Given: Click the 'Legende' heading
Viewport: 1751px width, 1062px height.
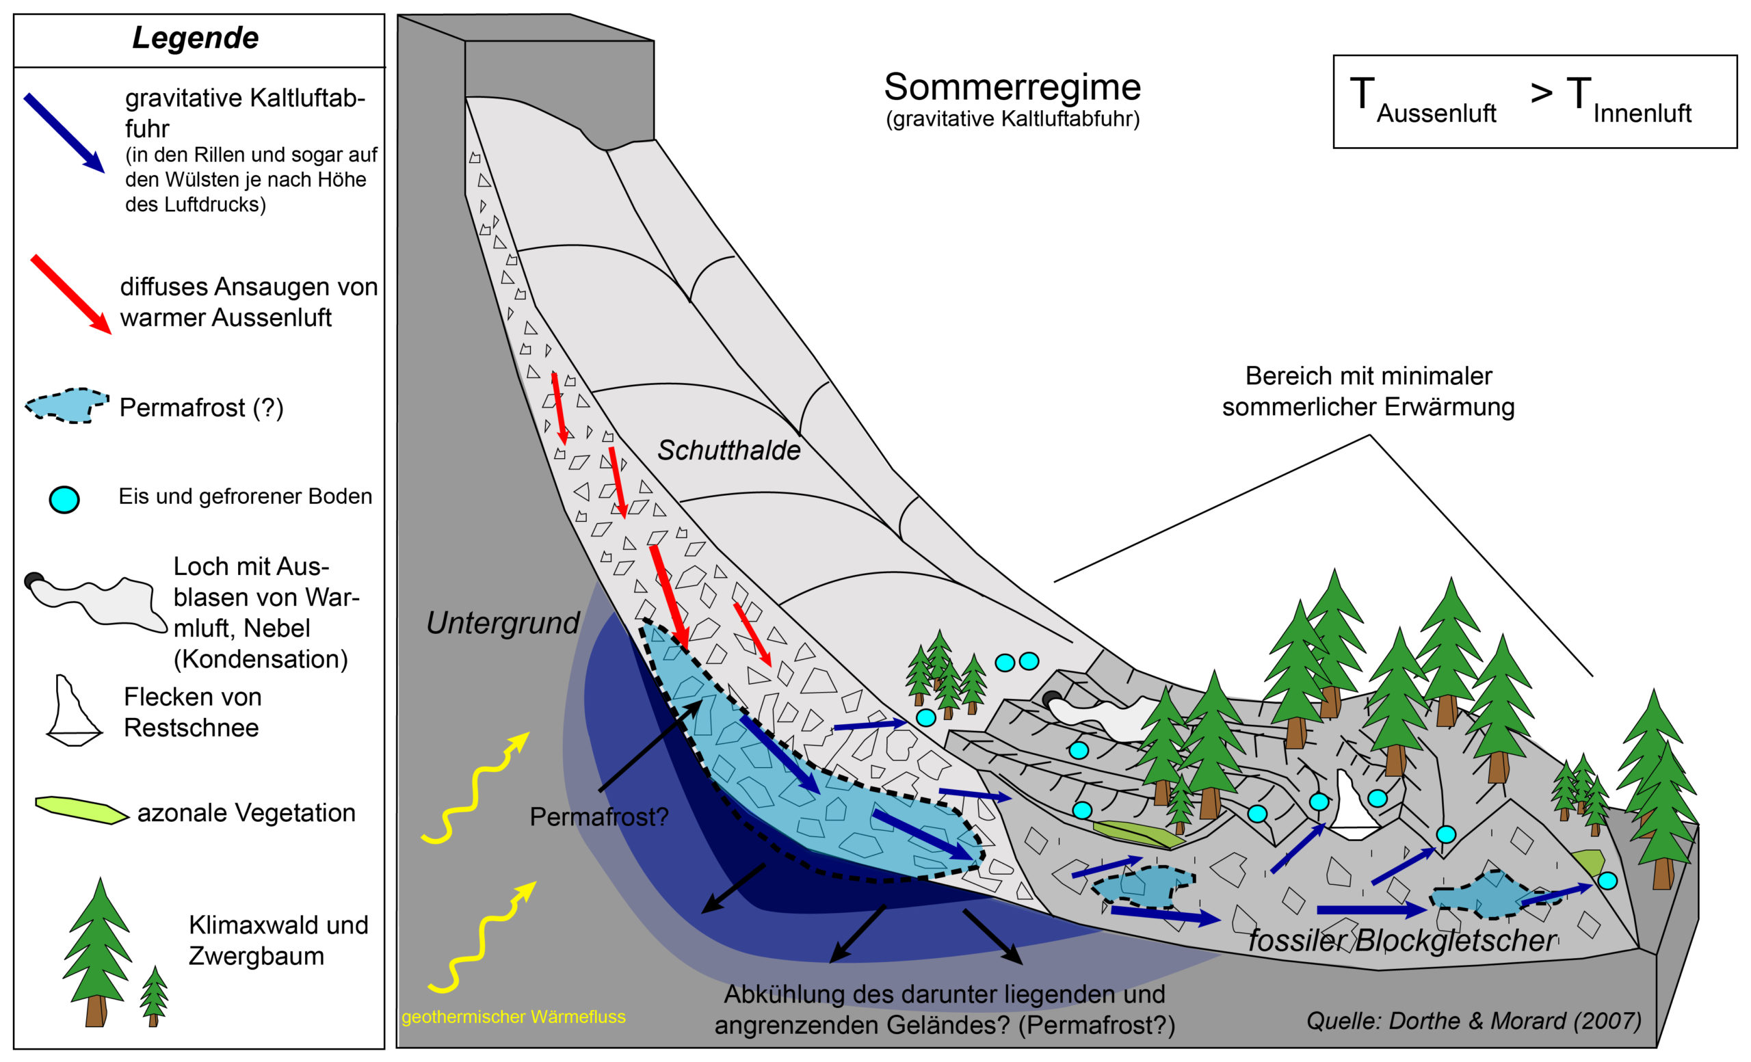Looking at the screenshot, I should [196, 38].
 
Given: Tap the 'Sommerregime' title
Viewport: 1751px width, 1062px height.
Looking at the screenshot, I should [1012, 88].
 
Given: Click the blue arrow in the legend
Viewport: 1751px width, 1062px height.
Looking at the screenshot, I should [64, 133].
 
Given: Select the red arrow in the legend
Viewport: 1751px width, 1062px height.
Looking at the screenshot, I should [70, 293].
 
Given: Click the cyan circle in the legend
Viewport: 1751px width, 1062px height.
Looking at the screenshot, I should [64, 499].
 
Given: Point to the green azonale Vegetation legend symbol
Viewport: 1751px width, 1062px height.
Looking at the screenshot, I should [81, 810].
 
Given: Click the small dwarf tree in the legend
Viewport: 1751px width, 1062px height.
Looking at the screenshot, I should [153, 994].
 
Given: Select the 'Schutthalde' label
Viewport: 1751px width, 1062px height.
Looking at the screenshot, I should [728, 451].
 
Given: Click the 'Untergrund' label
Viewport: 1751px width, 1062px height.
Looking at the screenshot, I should [503, 623].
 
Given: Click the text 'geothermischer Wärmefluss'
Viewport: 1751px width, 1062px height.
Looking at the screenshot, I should [513, 1017].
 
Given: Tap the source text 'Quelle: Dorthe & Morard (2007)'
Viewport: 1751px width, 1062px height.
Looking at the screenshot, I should [1473, 1021].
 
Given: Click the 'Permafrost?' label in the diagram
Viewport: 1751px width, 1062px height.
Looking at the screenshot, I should [598, 817].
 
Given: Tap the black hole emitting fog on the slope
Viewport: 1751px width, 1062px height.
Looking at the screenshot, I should [1052, 699].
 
